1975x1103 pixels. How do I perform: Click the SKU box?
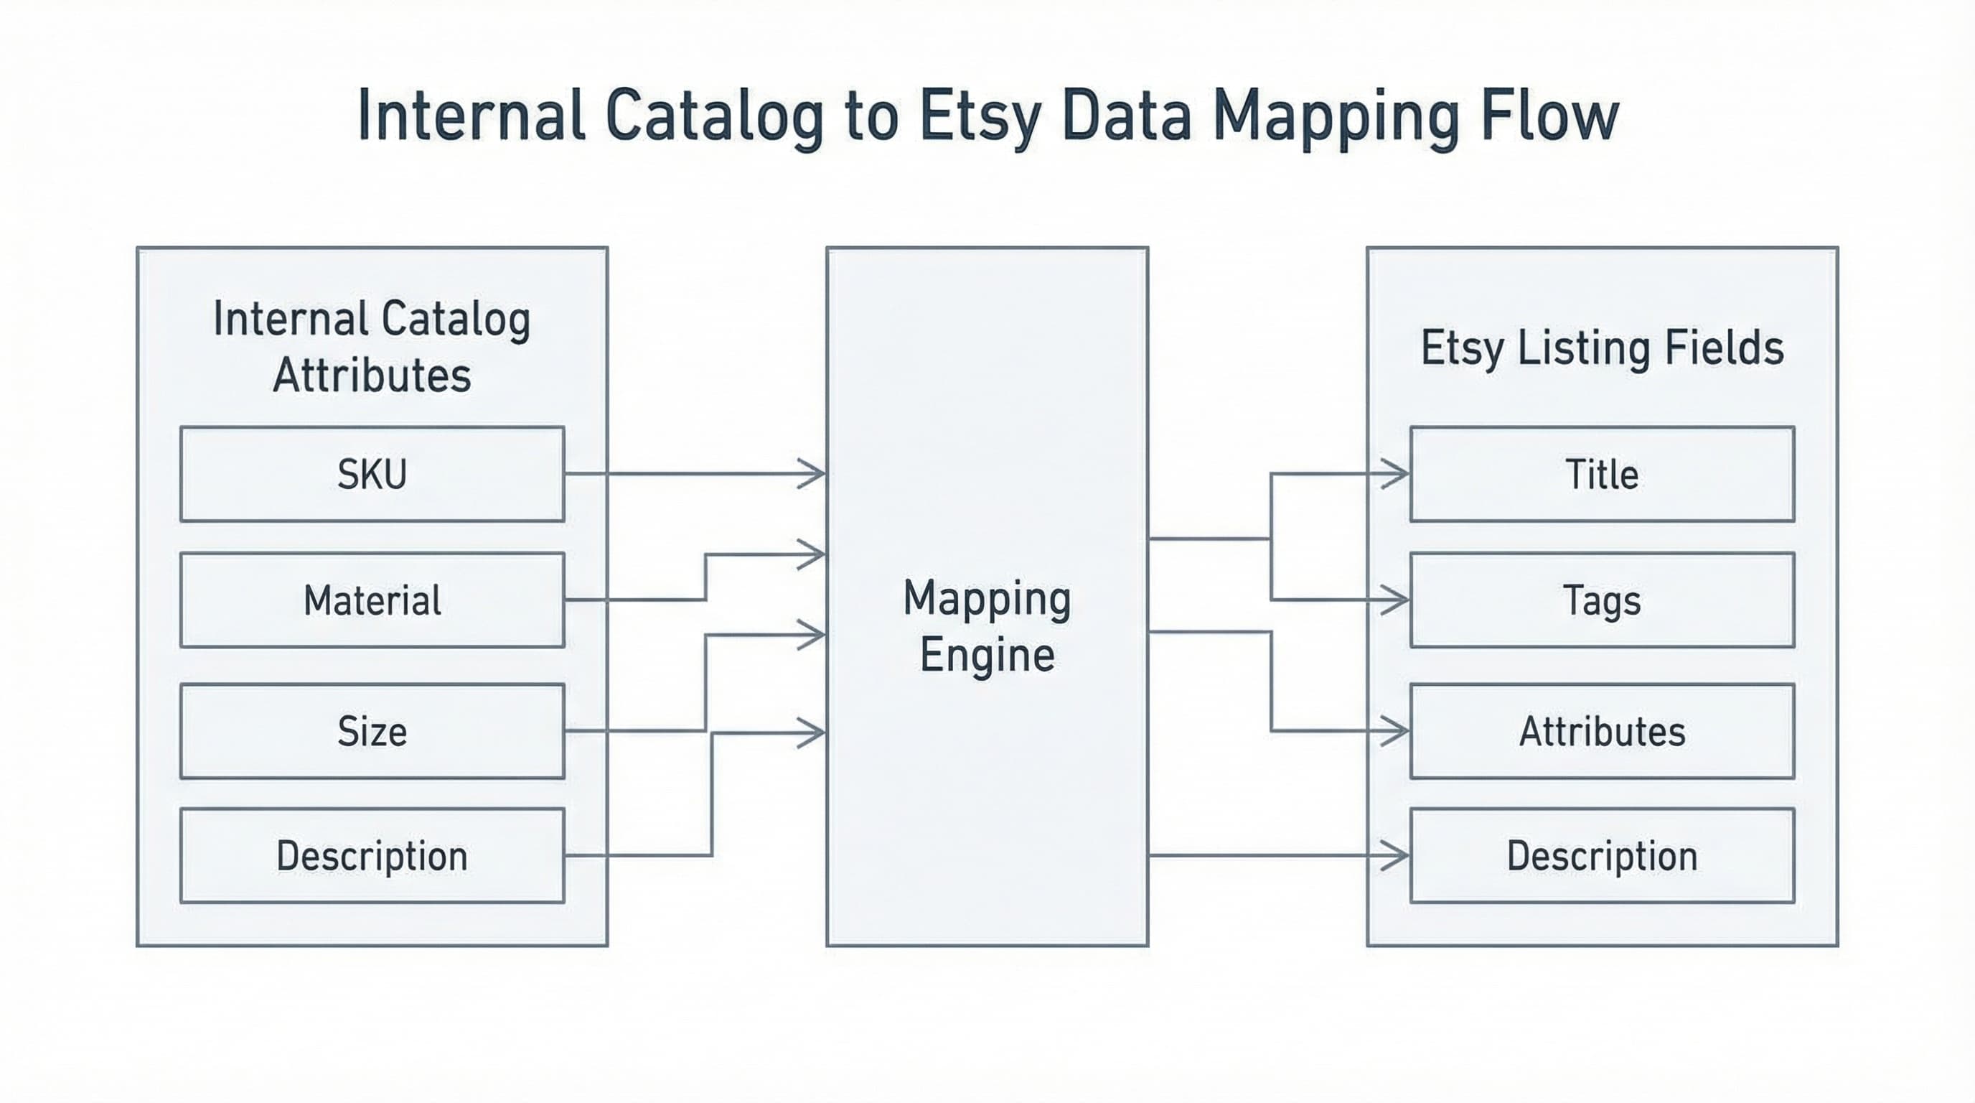372,474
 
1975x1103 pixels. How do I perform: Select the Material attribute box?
372,600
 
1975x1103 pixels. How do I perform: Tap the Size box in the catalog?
372,731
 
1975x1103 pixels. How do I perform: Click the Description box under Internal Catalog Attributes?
372,855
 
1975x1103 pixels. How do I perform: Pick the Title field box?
1602,474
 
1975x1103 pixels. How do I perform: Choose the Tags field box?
1602,600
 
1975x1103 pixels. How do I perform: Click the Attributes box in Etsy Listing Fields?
1602,731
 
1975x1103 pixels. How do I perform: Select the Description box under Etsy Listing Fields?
1602,855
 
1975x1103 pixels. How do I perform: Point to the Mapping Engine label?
987,626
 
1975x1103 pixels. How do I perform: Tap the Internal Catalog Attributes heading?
372,347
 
